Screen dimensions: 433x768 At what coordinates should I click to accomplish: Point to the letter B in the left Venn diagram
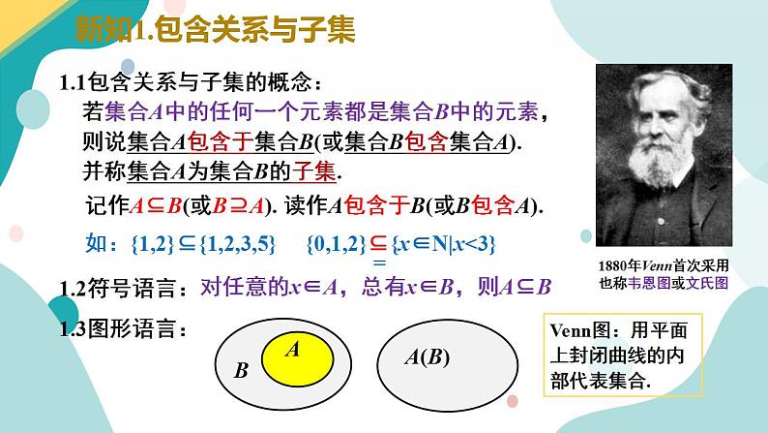[x=242, y=371]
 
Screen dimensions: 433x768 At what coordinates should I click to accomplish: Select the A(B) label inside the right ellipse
[x=427, y=358]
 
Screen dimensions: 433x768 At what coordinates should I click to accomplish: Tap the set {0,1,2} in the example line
[x=337, y=245]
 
